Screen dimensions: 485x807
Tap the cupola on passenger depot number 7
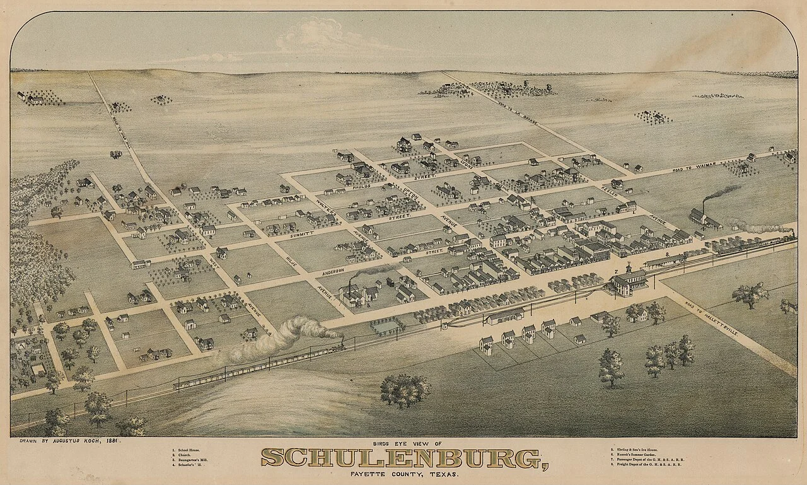pos(628,267)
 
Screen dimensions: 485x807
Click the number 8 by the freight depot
pos(666,254)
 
